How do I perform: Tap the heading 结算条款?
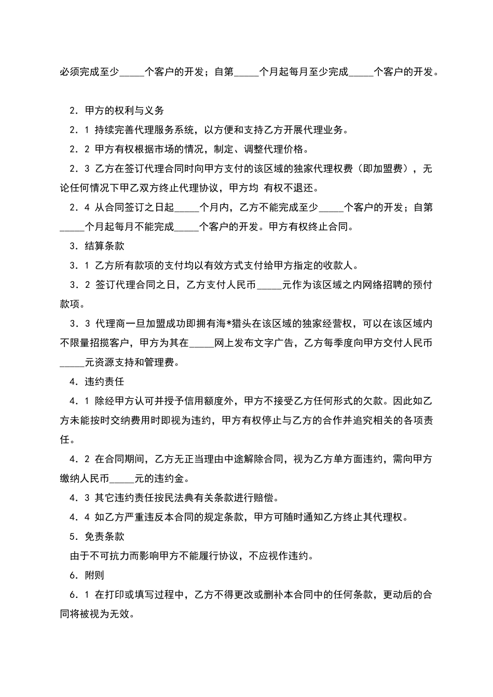click(x=104, y=246)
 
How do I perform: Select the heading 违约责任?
click(x=104, y=382)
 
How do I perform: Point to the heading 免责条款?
click(x=104, y=537)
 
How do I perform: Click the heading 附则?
click(x=94, y=576)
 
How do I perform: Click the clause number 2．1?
click(x=79, y=130)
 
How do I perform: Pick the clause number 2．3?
click(x=79, y=169)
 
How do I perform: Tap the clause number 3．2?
click(x=79, y=285)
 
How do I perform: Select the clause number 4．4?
click(x=79, y=518)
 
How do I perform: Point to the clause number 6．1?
click(x=79, y=595)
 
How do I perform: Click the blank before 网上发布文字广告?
click(x=202, y=343)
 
